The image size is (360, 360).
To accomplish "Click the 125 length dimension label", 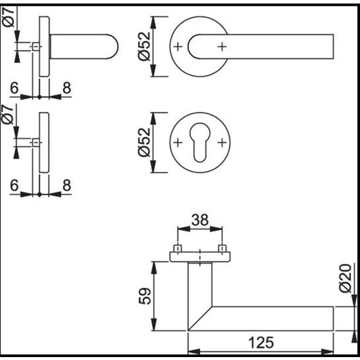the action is coord(261,342).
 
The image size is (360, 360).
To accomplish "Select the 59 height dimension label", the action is coord(145,296).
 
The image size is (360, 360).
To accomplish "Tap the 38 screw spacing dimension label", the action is coord(200,220).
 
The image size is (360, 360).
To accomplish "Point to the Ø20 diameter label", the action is coord(345,278).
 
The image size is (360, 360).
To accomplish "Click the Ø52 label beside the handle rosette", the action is coord(145,46).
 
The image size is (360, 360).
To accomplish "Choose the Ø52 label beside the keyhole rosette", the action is coord(145,142).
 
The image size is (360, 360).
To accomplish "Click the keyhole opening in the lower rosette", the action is coord(200,142).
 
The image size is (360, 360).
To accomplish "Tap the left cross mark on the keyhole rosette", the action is coord(178,143).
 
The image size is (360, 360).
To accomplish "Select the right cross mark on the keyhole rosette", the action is coord(222,143).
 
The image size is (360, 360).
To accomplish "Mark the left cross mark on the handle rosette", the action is coord(178,47).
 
